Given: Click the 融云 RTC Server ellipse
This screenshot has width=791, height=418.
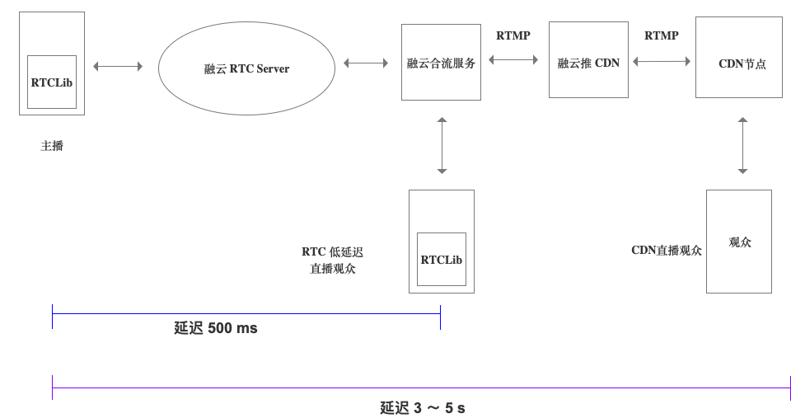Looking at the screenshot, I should pyautogui.click(x=246, y=68).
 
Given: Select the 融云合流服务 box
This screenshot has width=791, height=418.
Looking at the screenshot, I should pyautogui.click(x=441, y=63).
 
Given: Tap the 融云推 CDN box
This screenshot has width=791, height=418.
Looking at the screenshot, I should pyautogui.click(x=588, y=63).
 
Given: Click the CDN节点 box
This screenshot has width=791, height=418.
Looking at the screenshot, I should pyautogui.click(x=739, y=63).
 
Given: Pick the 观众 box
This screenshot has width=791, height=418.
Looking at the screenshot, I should pyautogui.click(x=739, y=242).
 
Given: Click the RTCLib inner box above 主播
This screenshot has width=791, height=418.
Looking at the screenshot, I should pyautogui.click(x=51, y=82).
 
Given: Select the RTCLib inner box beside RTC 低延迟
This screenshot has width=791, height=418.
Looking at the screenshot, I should pyautogui.click(x=441, y=259).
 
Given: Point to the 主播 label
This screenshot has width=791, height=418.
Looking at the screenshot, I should pyautogui.click(x=52, y=146).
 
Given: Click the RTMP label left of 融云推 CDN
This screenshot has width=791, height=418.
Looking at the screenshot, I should pyautogui.click(x=513, y=35).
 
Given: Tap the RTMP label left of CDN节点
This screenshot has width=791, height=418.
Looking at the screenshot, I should pyautogui.click(x=662, y=35).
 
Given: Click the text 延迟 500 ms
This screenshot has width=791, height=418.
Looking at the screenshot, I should pyautogui.click(x=216, y=328).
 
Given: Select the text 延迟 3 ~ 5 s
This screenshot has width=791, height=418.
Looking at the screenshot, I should pyautogui.click(x=422, y=407).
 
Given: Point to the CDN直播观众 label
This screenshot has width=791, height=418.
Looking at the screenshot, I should pyautogui.click(x=667, y=251).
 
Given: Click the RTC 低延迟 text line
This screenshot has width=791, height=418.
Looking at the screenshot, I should pyautogui.click(x=332, y=251).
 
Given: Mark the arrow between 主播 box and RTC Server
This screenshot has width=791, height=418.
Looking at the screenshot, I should pyautogui.click(x=118, y=66).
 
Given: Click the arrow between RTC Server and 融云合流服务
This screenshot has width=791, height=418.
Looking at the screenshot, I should pyautogui.click(x=366, y=63).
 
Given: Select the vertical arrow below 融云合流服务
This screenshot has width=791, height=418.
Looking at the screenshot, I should pyautogui.click(x=442, y=145).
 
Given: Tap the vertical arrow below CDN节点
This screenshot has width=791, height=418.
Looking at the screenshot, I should pyautogui.click(x=742, y=145).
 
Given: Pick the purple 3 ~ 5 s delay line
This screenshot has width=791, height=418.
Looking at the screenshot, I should pyautogui.click(x=420, y=387).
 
